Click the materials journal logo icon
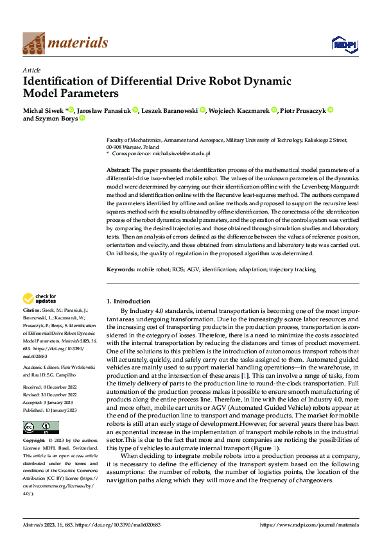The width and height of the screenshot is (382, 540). click(x=33, y=43)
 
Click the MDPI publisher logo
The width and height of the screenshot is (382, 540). click(x=342, y=43)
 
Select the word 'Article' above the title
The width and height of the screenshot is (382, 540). click(x=31, y=70)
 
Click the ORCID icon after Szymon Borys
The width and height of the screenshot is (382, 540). click(x=82, y=119)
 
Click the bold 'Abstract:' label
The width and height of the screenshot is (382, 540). click(x=119, y=169)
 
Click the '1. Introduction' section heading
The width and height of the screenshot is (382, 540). click(x=128, y=301)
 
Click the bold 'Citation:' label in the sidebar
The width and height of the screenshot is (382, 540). click(x=33, y=310)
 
